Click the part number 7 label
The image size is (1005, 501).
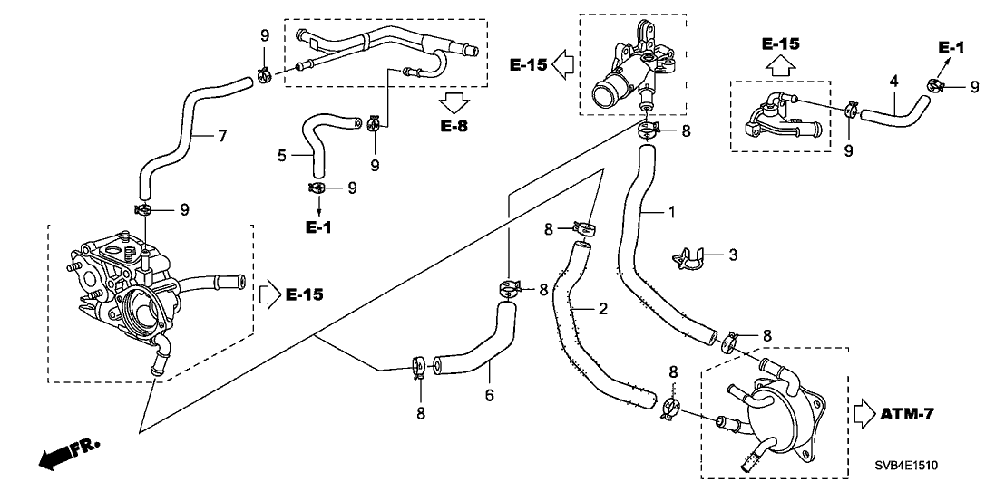click(x=220, y=137)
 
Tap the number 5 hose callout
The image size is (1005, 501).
click(x=282, y=155)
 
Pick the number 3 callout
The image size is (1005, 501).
click(x=732, y=255)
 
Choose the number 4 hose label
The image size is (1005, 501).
click(x=893, y=82)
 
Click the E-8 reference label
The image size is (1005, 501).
click(x=454, y=125)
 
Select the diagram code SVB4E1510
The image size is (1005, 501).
click(x=907, y=465)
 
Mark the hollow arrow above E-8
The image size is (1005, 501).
click(x=455, y=101)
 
